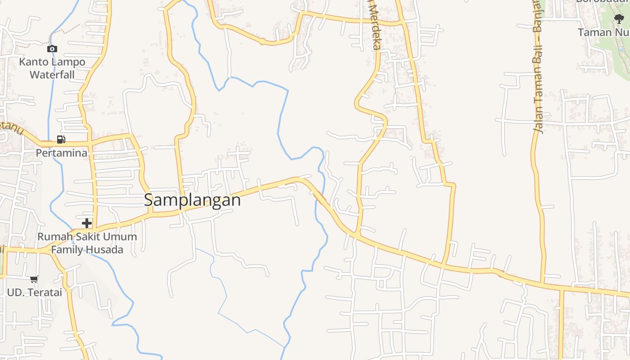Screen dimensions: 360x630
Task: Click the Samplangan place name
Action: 192,200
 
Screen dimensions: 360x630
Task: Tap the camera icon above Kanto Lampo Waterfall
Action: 52,49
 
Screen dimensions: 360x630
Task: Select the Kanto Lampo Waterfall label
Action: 52,68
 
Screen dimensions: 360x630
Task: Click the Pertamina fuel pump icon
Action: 61,139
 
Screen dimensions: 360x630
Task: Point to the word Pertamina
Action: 62,153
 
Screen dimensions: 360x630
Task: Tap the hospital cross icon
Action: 87,223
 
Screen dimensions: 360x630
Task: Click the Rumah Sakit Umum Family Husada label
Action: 87,243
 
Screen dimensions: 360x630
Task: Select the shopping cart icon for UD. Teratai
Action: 34,279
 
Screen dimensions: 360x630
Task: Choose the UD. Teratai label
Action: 34,292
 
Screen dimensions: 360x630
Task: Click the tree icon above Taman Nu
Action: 619,19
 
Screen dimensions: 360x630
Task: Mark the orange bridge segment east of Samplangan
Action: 319,197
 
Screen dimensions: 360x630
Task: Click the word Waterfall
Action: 52,74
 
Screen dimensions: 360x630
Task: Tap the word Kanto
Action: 31,62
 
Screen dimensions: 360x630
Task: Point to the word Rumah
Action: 50,237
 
